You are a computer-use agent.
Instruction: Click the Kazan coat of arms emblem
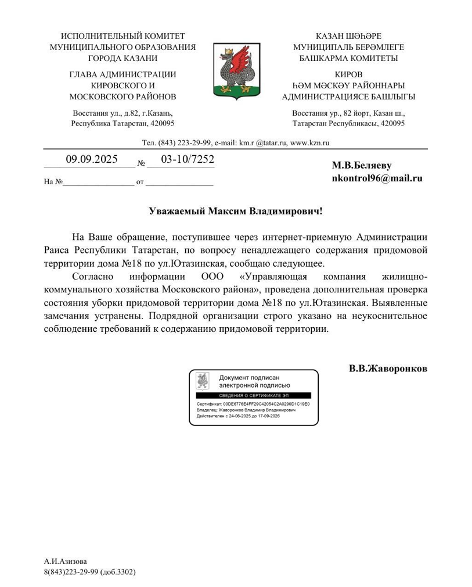click(x=236, y=69)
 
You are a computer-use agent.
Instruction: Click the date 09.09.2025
click(x=91, y=159)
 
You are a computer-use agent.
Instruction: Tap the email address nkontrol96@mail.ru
click(x=377, y=178)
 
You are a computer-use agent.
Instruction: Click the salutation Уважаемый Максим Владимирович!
click(x=236, y=211)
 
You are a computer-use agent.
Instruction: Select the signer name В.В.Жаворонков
click(x=388, y=368)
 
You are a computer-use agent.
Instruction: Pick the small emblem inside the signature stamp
click(x=203, y=381)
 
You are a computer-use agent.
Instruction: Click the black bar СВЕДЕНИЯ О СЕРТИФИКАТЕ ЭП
click(x=253, y=395)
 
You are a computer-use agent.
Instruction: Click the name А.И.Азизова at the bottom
click(x=66, y=561)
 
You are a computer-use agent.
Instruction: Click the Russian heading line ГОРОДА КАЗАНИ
click(x=122, y=58)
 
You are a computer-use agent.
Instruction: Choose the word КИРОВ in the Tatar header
click(x=348, y=74)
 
